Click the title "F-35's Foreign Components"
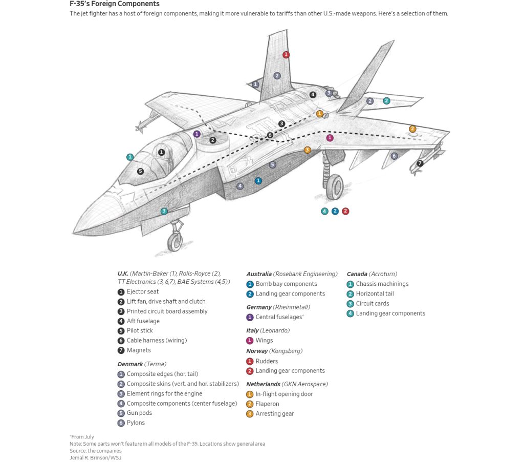tap(115, 4)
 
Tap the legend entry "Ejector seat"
tap(143, 291)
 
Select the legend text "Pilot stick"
tap(140, 330)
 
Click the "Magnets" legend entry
tap(139, 350)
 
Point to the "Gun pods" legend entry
tap(139, 413)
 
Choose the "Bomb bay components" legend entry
tap(286, 284)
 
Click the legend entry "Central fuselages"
tap(279, 317)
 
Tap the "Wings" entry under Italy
tap(264, 340)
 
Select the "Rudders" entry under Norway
tap(267, 361)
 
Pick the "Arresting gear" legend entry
tap(275, 413)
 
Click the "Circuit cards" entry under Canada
tap(372, 303)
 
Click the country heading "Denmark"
tap(130, 364)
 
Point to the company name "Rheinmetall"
tap(292, 307)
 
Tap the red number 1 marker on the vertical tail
tap(286, 55)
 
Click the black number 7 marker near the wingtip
tap(420, 163)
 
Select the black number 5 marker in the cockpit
tap(140, 172)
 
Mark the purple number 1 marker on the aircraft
tap(197, 134)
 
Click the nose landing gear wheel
tap(175, 241)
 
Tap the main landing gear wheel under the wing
tap(334, 187)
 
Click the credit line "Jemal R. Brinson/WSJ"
tap(95, 457)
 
